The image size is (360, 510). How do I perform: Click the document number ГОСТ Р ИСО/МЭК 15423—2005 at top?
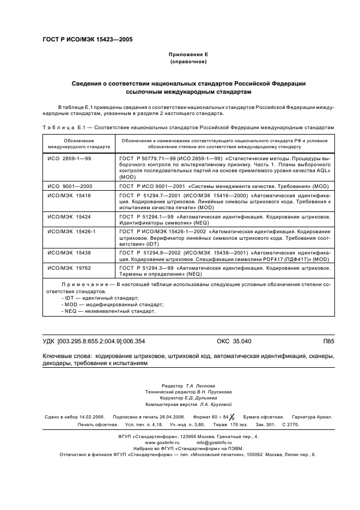point(87,40)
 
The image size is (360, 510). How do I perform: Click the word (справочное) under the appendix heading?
point(188,63)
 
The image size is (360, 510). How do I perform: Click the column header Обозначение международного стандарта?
point(71,143)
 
